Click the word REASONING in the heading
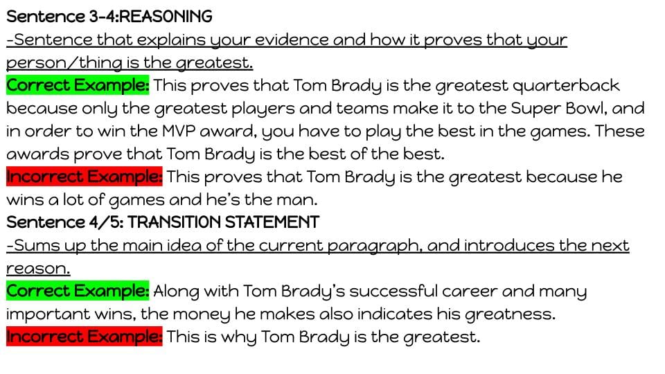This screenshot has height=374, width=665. [x=166, y=17]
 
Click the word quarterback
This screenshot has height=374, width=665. [x=566, y=86]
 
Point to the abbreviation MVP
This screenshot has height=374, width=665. [x=178, y=131]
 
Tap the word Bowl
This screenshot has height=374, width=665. [x=586, y=108]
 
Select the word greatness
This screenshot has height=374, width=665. [x=510, y=314]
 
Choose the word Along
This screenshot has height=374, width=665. [x=176, y=292]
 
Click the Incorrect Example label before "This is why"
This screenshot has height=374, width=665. [x=85, y=337]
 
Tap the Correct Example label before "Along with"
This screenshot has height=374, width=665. [x=78, y=291]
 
